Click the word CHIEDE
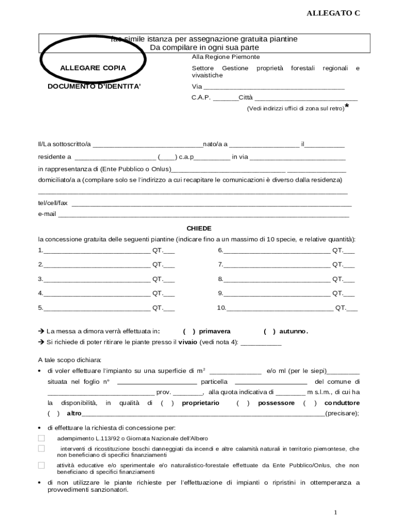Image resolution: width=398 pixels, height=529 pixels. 199,228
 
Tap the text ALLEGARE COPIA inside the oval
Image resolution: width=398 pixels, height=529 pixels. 93,68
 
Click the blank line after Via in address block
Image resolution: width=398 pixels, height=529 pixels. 274,87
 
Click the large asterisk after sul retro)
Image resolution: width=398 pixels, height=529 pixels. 347,106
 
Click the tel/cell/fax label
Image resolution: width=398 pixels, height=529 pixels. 53,203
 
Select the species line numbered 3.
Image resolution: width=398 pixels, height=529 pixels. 97,279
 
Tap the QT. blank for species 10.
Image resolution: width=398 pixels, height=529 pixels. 352,308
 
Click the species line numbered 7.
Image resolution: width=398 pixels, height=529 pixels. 277,265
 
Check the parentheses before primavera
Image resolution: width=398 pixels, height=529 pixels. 189,332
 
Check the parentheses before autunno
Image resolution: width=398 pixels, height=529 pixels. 270,332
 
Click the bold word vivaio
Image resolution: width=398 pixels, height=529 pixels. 188,342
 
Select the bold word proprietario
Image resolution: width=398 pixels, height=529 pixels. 201,403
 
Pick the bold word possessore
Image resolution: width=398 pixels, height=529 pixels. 276,403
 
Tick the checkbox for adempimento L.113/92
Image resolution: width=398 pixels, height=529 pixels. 41,438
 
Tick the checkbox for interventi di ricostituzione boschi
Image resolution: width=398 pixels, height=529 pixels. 41,448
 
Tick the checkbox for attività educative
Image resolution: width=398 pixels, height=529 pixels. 41,465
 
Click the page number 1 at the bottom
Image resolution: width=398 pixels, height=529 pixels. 335,512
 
